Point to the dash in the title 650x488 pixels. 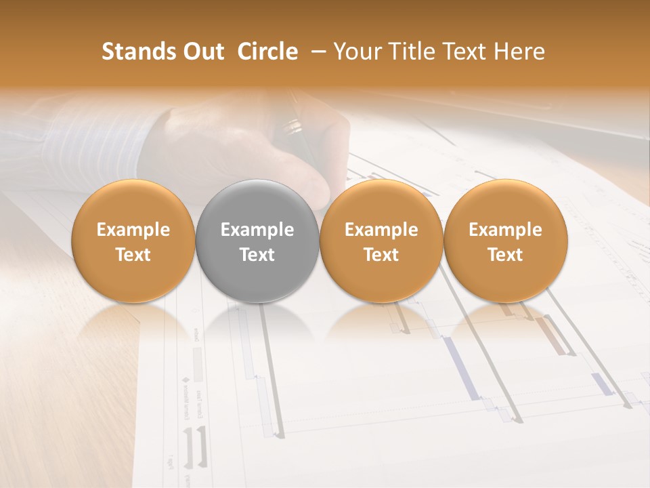[316, 52]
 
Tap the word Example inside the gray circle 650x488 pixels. [257, 230]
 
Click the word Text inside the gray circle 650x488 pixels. [257, 255]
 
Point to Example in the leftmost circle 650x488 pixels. [133, 230]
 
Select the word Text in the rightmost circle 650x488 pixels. [505, 255]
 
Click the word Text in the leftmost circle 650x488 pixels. [133, 255]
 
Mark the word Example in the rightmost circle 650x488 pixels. [505, 230]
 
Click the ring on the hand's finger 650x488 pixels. [293, 125]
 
